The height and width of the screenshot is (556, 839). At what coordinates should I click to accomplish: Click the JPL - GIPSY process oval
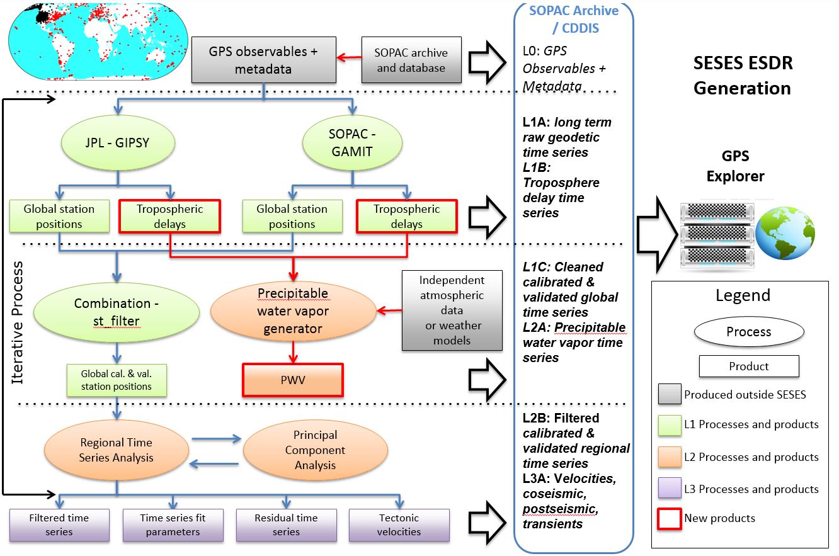[x=118, y=143]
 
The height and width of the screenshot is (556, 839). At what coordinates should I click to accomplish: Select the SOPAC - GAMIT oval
[x=352, y=143]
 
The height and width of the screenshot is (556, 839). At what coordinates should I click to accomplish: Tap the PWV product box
[x=293, y=380]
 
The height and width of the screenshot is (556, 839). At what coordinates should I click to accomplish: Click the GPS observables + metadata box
[x=264, y=60]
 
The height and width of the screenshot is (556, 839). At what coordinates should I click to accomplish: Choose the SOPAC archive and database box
[x=411, y=60]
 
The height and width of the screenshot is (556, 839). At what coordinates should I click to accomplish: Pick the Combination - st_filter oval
[x=117, y=312]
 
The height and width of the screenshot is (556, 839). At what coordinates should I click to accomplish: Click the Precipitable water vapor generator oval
[x=294, y=311]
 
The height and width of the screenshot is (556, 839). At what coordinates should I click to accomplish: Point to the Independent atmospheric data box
[x=452, y=310]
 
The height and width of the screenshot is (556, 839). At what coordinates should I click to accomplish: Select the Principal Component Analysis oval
[x=316, y=450]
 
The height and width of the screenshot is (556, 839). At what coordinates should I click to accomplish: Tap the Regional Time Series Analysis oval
[x=117, y=450]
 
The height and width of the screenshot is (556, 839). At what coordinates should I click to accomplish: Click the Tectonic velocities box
[x=399, y=525]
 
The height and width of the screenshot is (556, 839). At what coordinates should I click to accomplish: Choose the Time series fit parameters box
[x=173, y=525]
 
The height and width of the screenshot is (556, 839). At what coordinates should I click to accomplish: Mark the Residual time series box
[x=286, y=525]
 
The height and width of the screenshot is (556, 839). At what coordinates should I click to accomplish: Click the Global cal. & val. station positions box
[x=117, y=380]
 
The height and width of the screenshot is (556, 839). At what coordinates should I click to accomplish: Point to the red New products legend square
[x=670, y=519]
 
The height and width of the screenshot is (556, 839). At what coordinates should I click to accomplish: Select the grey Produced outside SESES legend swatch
[x=670, y=394]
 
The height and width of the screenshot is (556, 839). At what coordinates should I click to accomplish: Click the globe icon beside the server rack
[x=785, y=233]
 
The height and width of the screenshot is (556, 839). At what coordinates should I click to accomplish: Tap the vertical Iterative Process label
[x=17, y=322]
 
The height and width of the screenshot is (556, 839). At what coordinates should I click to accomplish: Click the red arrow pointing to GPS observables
[x=349, y=57]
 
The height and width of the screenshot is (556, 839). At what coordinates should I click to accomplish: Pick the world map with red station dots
[x=98, y=41]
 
